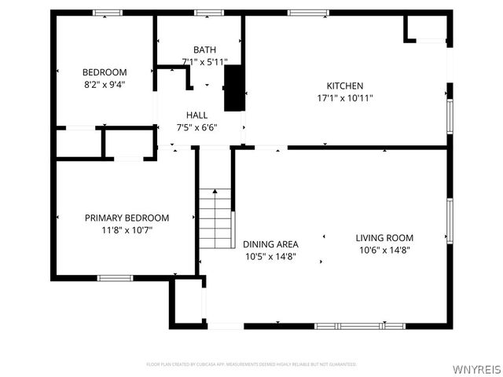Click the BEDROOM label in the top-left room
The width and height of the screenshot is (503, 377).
[x=105, y=72]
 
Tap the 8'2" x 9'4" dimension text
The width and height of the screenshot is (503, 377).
[x=105, y=85]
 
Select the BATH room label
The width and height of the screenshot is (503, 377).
[x=204, y=49]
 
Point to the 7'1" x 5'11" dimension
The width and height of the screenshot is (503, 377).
[x=204, y=61]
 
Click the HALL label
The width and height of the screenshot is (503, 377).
[x=197, y=115]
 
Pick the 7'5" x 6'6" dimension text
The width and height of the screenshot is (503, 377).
[x=197, y=127]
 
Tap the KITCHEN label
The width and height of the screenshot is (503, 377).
[x=345, y=86]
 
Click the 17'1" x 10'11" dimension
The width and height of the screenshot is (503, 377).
[x=345, y=98]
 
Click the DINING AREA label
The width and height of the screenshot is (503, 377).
[x=269, y=243]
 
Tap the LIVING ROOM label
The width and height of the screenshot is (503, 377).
[x=384, y=238]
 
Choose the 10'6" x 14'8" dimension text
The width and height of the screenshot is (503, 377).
[x=384, y=251]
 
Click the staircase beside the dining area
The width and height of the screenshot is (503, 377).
[x=215, y=217]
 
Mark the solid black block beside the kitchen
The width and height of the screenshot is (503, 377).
[x=233, y=88]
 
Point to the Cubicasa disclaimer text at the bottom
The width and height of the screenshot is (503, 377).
[x=251, y=364]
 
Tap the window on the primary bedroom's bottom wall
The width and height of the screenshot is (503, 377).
[x=115, y=276]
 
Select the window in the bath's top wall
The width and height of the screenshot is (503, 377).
[x=208, y=13]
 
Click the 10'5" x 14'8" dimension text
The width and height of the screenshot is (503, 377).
[x=269, y=256]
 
